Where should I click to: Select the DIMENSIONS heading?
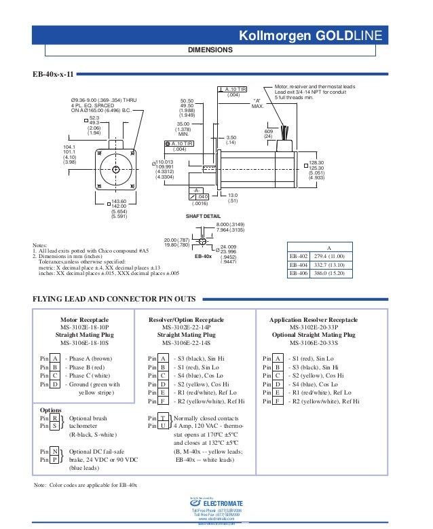point(210,50)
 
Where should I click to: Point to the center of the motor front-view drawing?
point(115,168)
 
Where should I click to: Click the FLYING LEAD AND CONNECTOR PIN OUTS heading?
point(115,298)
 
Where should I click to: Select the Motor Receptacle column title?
point(85,319)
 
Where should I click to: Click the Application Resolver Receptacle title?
point(314,319)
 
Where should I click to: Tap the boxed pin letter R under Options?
point(54,418)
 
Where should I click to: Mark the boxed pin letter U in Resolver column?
point(164,426)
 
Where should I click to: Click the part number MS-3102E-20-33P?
point(314,327)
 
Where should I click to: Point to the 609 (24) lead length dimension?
point(268,134)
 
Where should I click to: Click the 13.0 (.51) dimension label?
point(233,198)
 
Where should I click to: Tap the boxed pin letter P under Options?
point(54,459)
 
